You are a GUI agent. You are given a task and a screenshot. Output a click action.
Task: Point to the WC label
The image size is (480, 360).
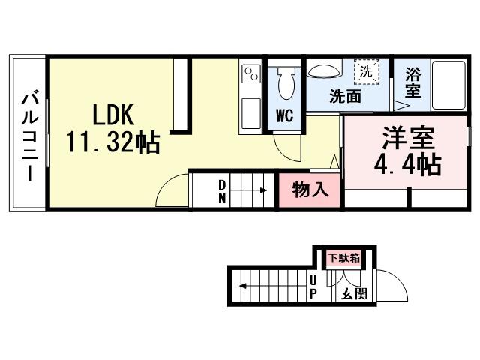(x=283, y=115)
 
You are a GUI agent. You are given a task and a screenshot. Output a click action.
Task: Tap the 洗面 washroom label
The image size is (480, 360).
(x=346, y=97)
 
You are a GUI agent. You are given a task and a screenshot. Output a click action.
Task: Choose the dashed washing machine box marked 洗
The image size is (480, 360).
(x=366, y=73)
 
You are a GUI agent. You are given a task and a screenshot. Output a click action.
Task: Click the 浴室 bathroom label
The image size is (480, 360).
(x=412, y=82)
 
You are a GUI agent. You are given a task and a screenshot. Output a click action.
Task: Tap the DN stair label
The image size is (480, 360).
(x=223, y=190)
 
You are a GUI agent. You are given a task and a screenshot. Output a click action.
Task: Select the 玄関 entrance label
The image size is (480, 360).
(x=354, y=293)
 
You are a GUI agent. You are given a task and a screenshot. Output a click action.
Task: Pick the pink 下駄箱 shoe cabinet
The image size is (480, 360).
(x=343, y=258)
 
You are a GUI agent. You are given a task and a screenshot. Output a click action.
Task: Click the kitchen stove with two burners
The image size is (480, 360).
(x=250, y=74)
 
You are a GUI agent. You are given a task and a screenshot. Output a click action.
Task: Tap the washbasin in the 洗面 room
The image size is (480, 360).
(x=324, y=70)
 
